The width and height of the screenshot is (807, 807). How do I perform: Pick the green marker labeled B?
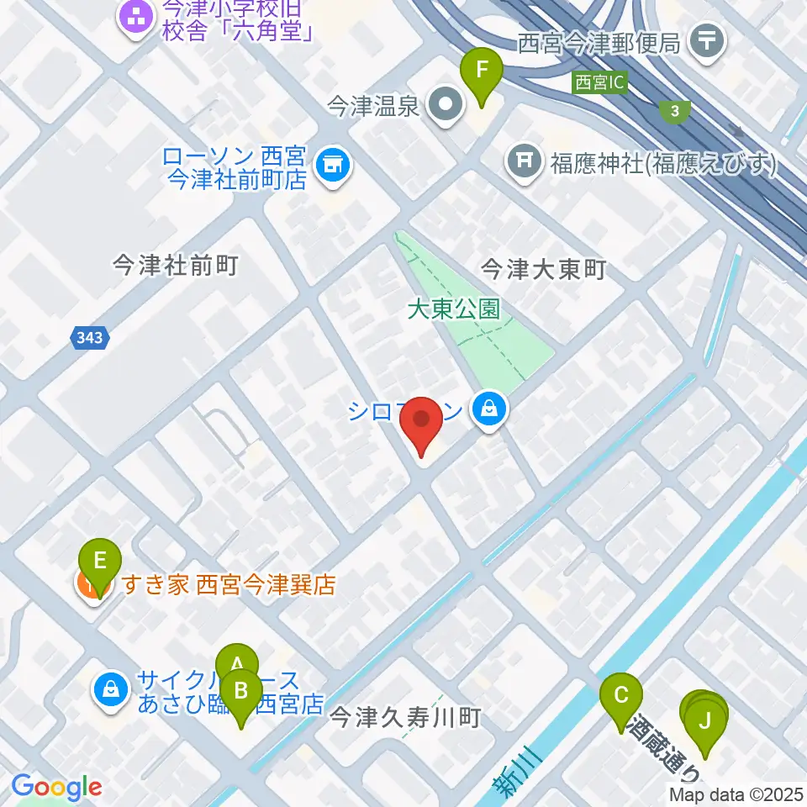241,694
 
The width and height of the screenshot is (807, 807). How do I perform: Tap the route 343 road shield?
87,337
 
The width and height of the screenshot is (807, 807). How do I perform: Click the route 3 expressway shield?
674,110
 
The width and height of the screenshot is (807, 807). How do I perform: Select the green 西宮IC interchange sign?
600,83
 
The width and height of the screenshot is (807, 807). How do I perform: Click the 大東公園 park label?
453,309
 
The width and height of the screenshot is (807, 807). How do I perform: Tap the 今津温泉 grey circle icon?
446,106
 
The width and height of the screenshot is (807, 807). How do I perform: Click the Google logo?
56,788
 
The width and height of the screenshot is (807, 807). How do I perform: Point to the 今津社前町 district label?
176,266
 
